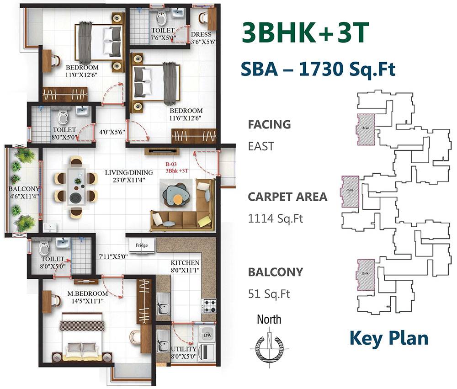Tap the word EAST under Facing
point(261,146)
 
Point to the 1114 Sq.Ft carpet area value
point(276,218)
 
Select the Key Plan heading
point(389,338)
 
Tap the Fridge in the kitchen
point(141,245)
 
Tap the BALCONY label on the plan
point(24,188)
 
